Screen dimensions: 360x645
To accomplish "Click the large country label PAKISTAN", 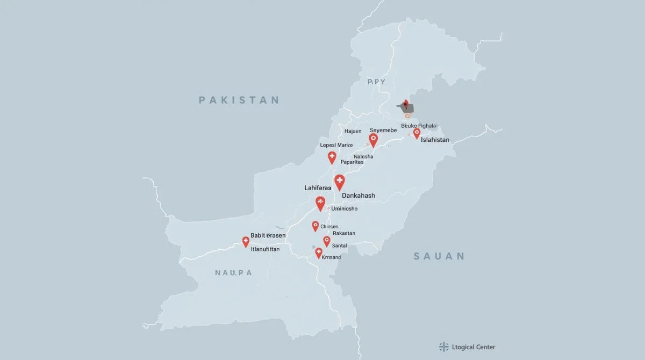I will (239, 100).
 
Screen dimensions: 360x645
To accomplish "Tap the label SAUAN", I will (439, 256).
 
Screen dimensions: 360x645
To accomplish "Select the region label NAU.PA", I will (233, 272).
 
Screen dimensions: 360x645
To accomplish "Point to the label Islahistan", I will (442, 140).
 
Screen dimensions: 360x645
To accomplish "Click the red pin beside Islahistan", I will (417, 133).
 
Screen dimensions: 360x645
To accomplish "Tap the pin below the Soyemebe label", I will (373, 140).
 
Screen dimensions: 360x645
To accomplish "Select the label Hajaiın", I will (353, 131).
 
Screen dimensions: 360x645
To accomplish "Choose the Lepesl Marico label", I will (336, 145).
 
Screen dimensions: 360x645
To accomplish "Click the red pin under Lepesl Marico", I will (332, 157).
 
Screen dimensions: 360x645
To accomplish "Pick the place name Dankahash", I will (359, 196).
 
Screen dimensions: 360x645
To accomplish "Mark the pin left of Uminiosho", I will (320, 203).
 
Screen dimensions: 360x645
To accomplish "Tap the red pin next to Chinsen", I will (316, 226).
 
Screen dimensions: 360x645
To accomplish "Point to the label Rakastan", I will (344, 233).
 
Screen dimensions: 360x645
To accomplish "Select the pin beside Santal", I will (326, 241).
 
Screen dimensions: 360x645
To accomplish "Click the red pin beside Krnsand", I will (318, 253).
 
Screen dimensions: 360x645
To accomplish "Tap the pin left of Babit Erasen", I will (246, 241).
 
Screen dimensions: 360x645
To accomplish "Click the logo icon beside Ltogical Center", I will (443, 347).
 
